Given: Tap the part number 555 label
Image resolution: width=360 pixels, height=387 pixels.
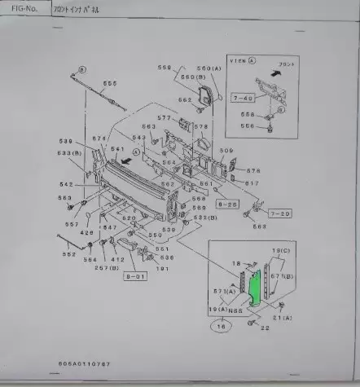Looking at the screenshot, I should [x=109, y=82].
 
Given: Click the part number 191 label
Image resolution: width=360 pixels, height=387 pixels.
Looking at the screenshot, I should [x=162, y=268].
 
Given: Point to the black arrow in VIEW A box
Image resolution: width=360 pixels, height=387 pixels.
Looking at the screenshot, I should [x=277, y=72].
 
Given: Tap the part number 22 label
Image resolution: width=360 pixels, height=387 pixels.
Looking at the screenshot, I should [x=265, y=328].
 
